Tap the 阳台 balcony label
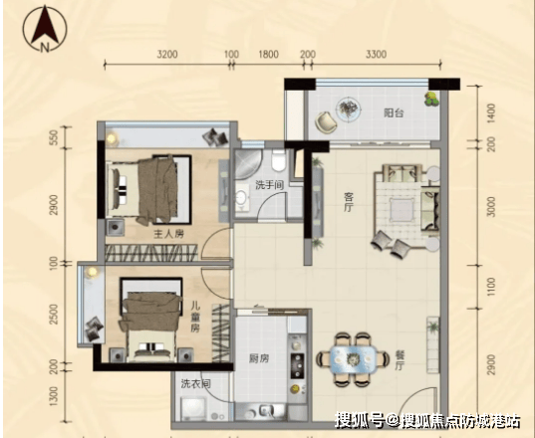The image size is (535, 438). click(x=394, y=112)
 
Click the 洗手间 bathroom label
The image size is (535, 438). click(x=270, y=185)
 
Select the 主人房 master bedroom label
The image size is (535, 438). click(x=169, y=234)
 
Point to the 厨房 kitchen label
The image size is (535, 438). click(x=259, y=358)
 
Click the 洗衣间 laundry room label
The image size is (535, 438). click(x=196, y=384)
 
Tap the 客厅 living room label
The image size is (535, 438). click(x=349, y=202)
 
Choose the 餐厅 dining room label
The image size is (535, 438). click(x=400, y=360)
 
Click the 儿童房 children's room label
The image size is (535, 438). click(x=195, y=318)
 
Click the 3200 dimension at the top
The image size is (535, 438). click(x=167, y=54)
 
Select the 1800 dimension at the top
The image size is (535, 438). click(x=268, y=54)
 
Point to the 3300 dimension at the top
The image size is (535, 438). click(x=376, y=54)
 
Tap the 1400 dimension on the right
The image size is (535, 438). click(x=491, y=113)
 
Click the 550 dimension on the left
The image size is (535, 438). click(x=54, y=137)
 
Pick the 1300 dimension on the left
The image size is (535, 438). click(x=54, y=396)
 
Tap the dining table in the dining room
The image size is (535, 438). click(x=353, y=359)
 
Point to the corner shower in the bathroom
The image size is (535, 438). click(x=248, y=163)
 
